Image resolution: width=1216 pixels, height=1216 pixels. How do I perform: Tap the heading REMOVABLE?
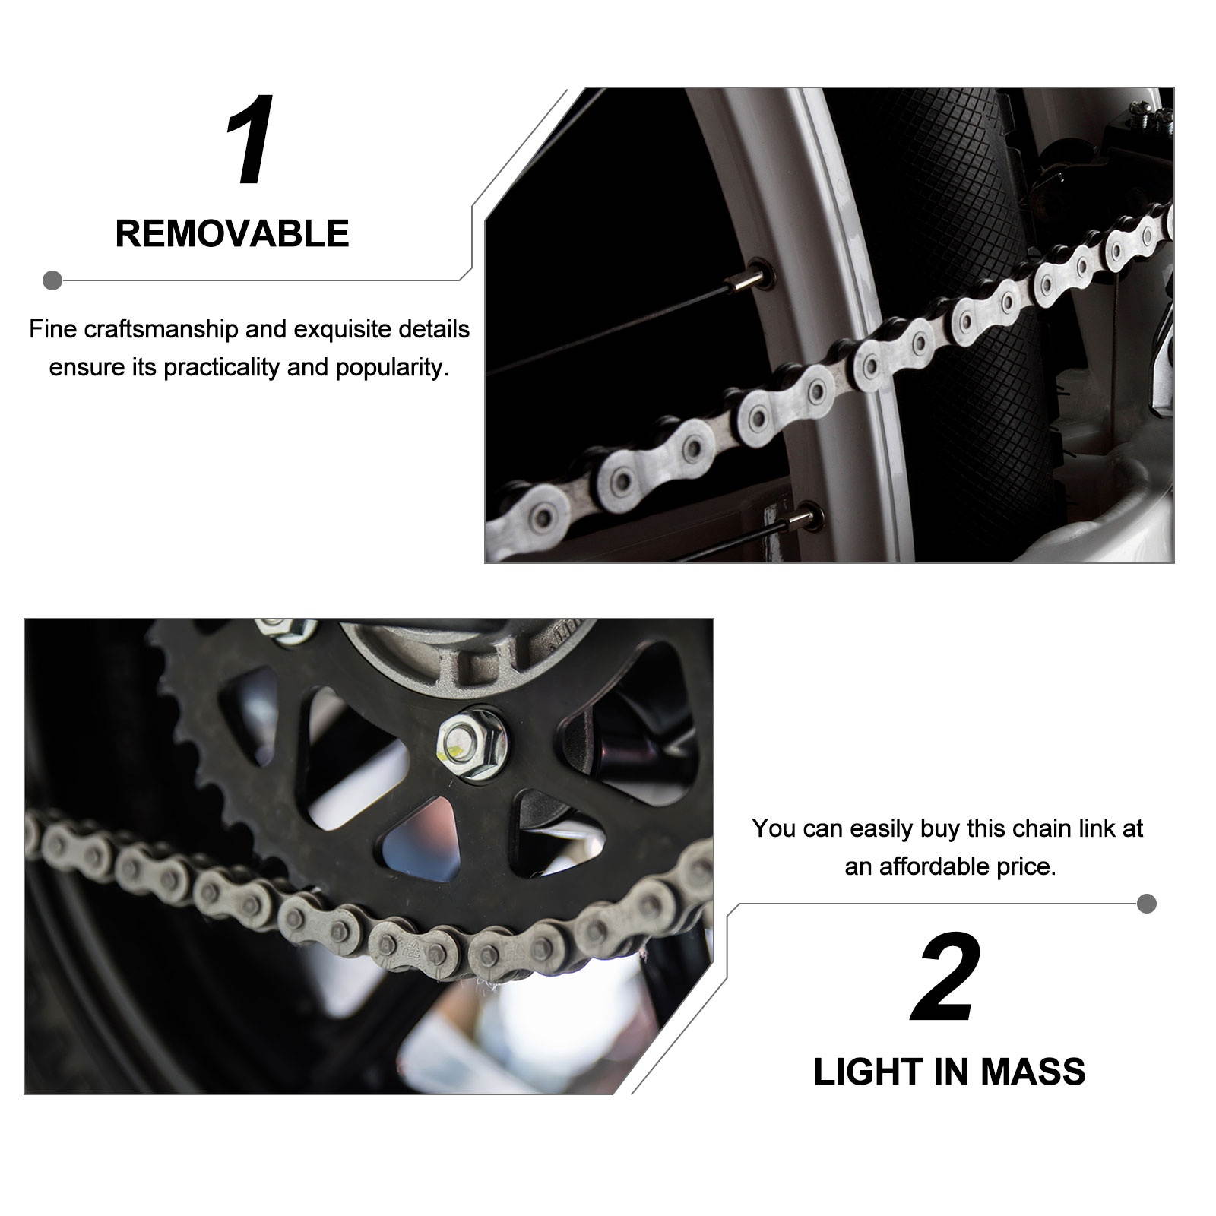tap(232, 233)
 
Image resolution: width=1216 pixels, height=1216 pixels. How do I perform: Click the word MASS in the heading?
tap(1032, 1072)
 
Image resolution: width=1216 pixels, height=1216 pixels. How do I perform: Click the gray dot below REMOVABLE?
tap(52, 280)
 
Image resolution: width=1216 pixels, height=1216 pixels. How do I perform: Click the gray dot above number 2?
tap(1147, 904)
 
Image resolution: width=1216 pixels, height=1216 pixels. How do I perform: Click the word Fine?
tap(52, 330)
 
